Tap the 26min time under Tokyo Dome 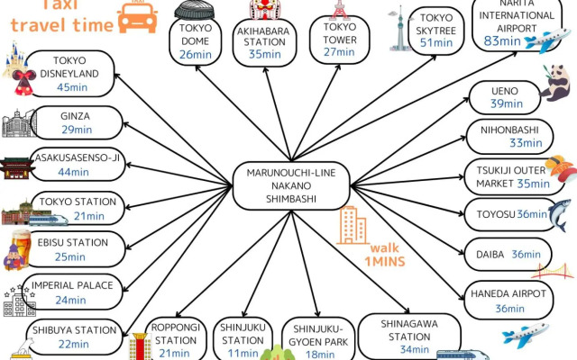(x=194, y=54)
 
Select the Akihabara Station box (x=261, y=41)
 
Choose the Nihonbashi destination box (x=506, y=136)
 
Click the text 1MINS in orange (x=384, y=262)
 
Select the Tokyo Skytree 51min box (x=435, y=30)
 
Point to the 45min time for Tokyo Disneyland (x=71, y=87)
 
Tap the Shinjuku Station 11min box (x=243, y=338)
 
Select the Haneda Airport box (x=508, y=301)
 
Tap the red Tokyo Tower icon (x=340, y=11)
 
